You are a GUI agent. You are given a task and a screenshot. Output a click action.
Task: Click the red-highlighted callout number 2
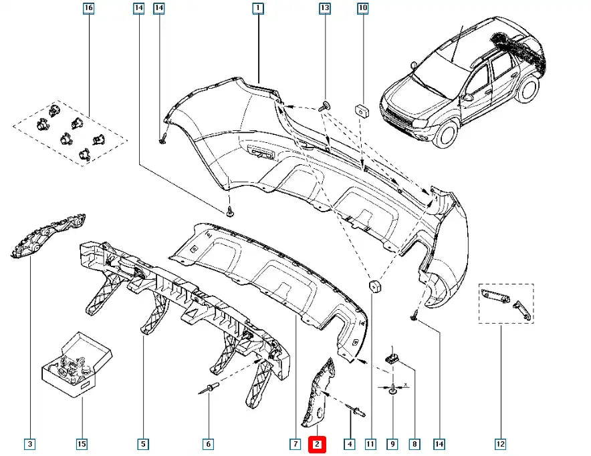317,443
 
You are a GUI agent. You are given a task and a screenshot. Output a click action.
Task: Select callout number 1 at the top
257,9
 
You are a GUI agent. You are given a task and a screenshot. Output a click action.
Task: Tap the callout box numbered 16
88,9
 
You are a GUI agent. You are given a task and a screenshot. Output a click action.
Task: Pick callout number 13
324,9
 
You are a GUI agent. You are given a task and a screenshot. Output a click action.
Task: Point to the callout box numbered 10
363,9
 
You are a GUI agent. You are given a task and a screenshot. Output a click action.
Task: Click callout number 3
29,443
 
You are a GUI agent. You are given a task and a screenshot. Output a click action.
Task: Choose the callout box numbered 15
82,443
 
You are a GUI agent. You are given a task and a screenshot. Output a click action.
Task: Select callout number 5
143,443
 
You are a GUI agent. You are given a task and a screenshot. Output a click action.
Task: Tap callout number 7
295,443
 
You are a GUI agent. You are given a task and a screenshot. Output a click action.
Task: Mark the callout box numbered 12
500,443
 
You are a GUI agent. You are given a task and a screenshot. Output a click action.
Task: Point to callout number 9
393,443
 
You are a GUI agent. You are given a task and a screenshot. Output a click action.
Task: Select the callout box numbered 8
415,443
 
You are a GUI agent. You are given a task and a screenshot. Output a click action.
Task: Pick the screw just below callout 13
325,105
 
